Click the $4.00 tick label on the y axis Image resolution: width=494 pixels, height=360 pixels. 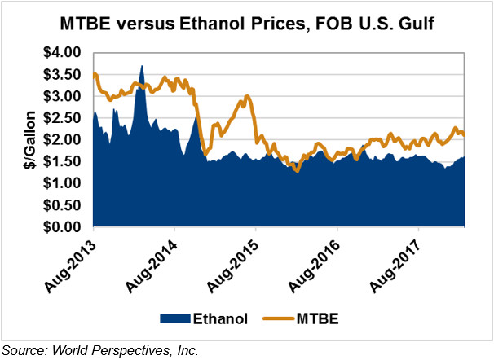coord(64,53)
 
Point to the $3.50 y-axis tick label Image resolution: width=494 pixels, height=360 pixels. coord(64,75)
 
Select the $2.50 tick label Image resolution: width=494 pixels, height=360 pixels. coord(64,119)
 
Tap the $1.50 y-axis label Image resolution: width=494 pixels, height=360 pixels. coord(64,162)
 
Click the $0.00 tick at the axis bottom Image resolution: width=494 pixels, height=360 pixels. coord(64,227)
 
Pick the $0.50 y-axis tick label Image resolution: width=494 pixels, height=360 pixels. coord(64,205)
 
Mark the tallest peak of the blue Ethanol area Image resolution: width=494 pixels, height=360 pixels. coord(142,67)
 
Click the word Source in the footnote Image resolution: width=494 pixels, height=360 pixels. coord(21,350)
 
